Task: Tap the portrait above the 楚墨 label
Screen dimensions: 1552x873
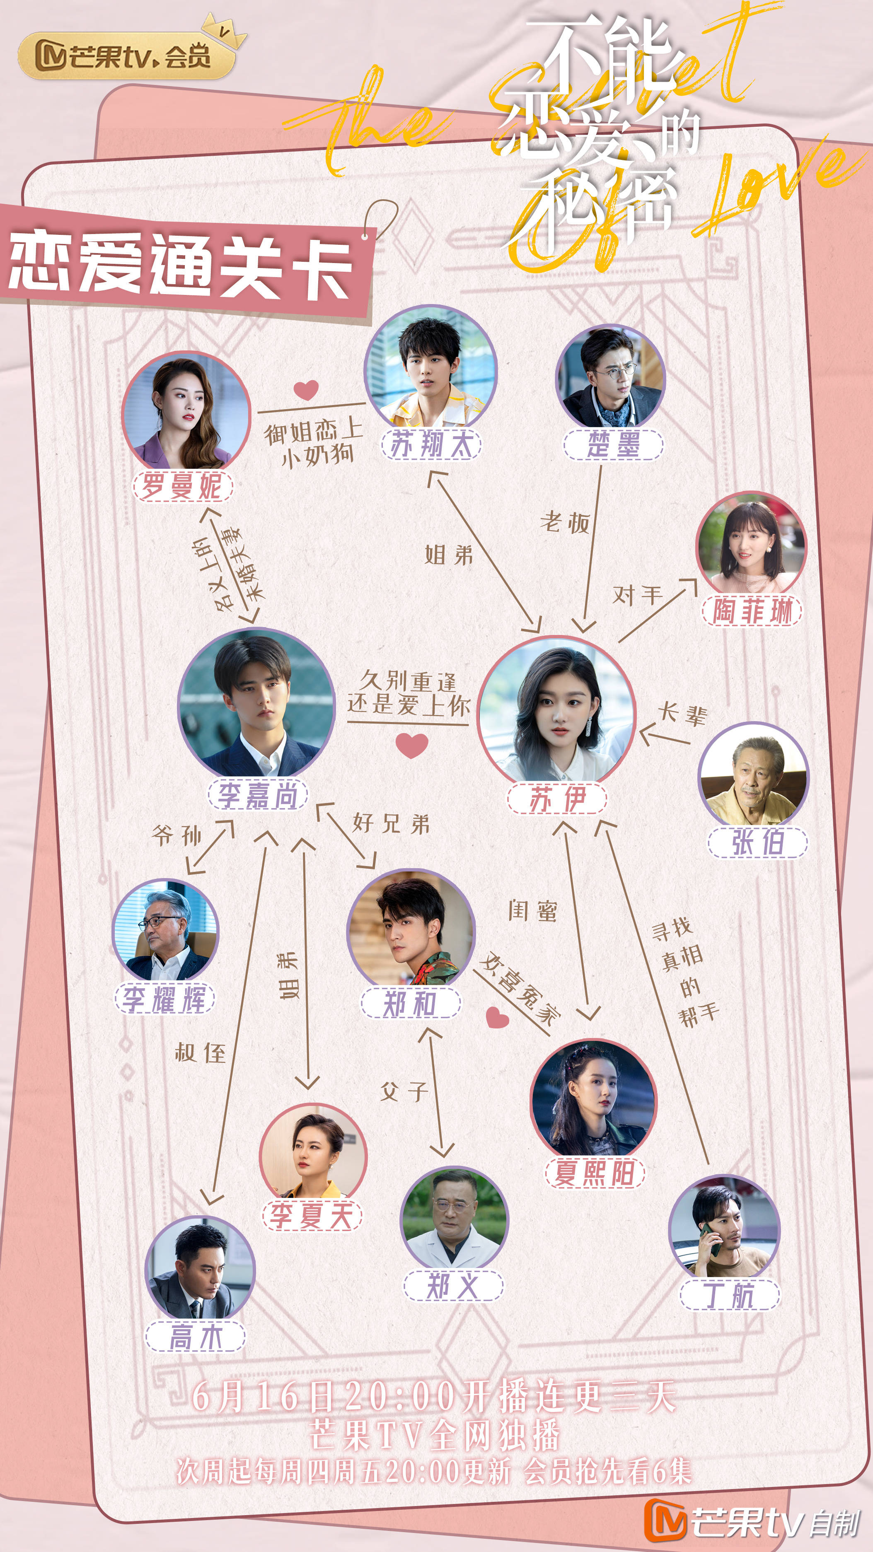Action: pos(610,376)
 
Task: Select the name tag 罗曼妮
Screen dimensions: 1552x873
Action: pos(183,485)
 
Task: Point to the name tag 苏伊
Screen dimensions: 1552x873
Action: pos(557,799)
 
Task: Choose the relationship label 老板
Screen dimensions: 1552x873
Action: pos(564,522)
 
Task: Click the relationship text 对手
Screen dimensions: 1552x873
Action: pos(637,595)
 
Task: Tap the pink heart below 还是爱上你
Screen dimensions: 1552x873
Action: pos(412,745)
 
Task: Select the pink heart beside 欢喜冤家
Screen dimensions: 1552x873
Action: pos(497,1018)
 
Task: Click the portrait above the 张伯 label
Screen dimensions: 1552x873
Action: pos(753,774)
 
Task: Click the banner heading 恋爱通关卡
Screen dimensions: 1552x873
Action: pos(181,266)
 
